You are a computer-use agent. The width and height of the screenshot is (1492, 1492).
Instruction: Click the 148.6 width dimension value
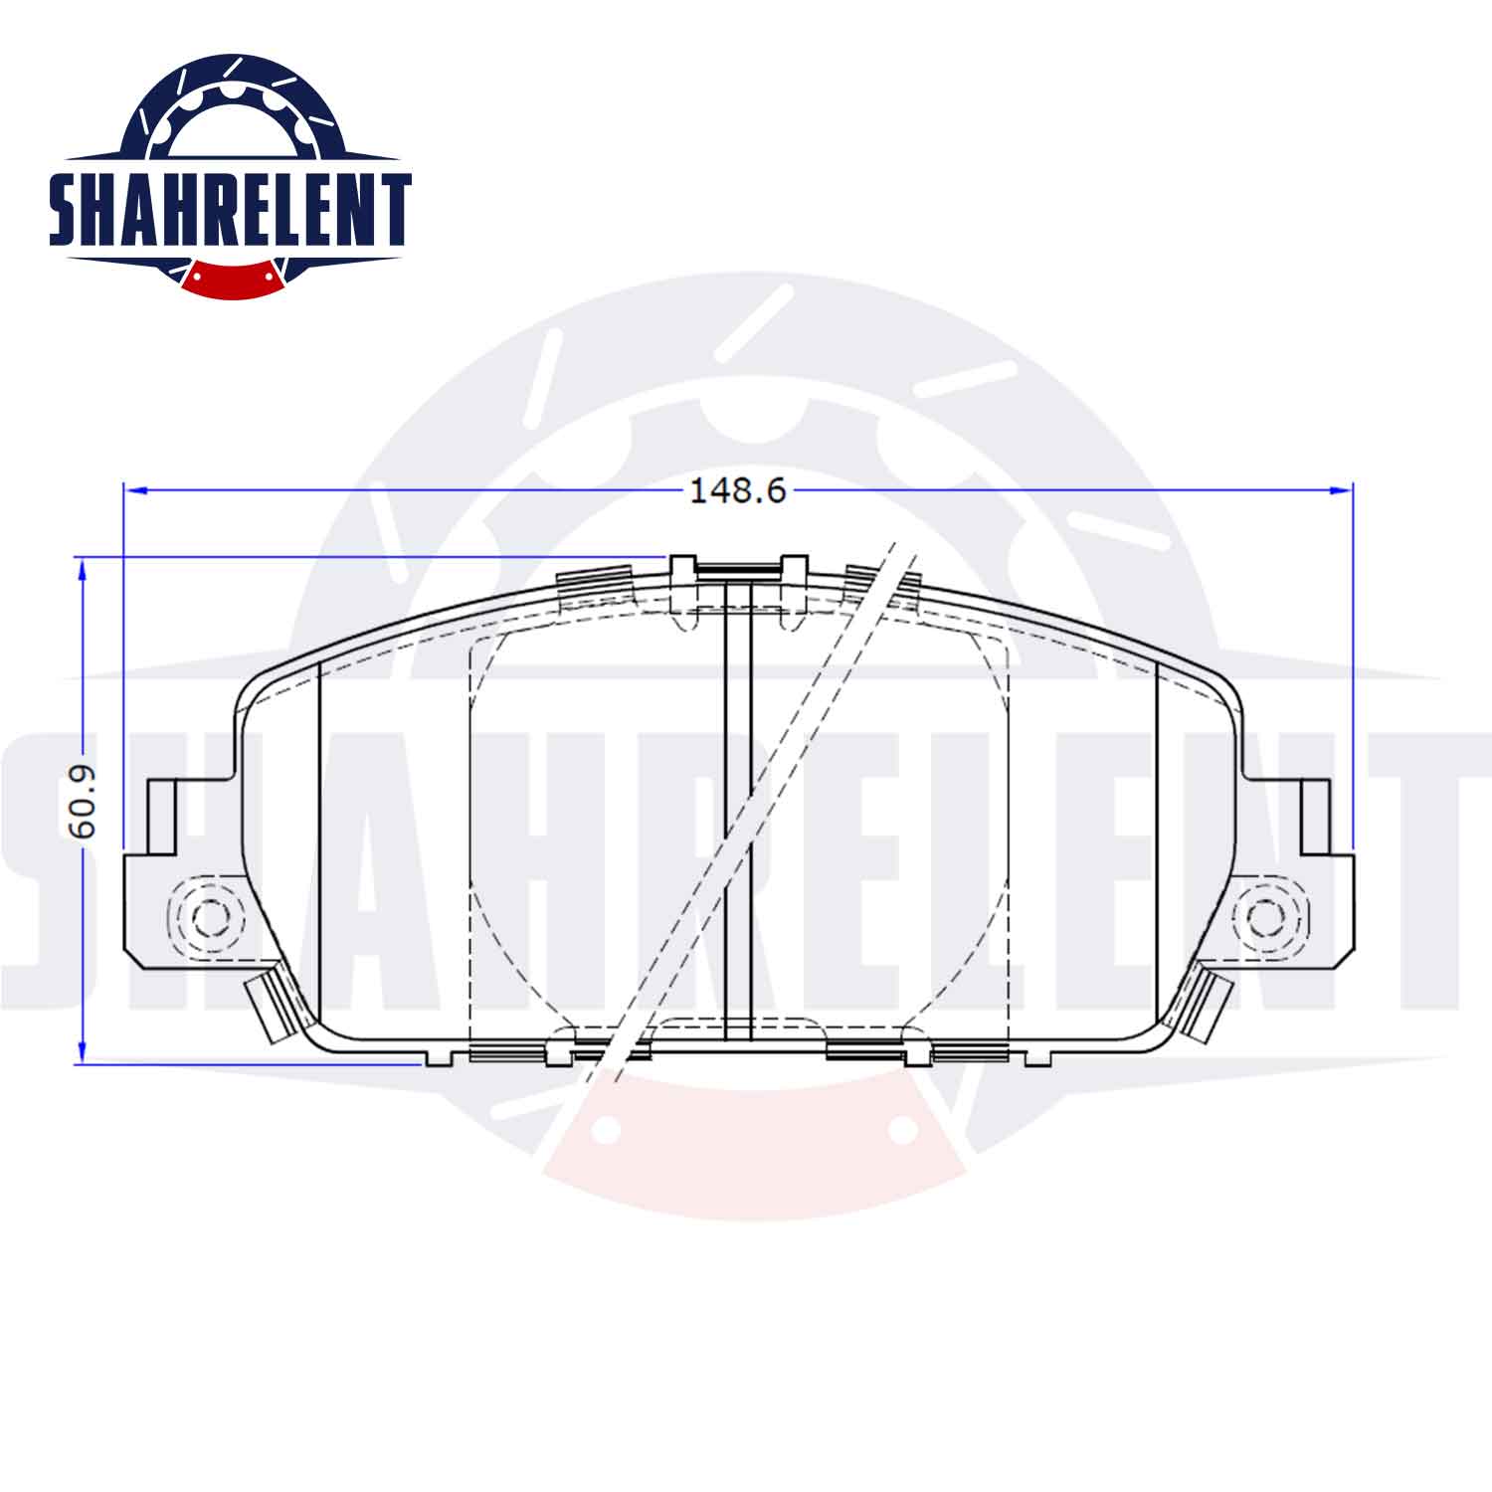737,489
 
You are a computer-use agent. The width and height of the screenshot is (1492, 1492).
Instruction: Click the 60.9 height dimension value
81,802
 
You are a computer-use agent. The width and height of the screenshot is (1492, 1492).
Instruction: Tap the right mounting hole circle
1264,917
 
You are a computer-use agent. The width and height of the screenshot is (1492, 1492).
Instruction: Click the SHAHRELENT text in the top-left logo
230,210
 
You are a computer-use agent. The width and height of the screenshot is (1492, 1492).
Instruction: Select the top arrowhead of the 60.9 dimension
83,570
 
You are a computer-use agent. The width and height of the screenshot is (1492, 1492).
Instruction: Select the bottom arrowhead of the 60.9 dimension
83,1050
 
